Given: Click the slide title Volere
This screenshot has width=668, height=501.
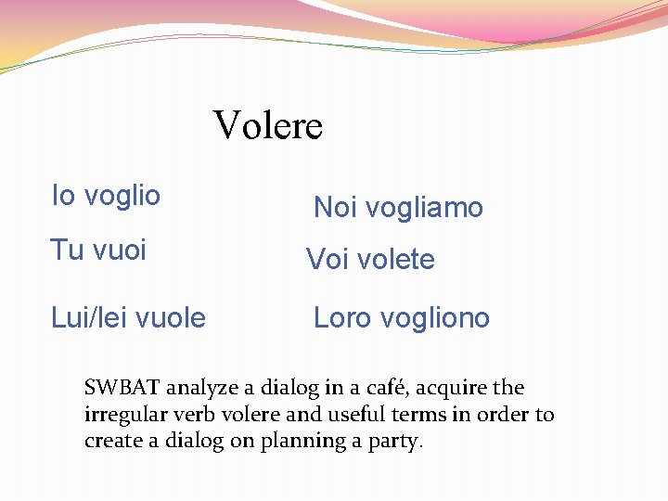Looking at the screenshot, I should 268,125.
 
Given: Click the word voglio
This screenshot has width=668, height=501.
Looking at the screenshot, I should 122,197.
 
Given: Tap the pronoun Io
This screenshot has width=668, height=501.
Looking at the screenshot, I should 63,195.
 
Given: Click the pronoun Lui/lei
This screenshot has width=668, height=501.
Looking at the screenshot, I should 90,317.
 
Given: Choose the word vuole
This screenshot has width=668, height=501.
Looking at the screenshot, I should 172,317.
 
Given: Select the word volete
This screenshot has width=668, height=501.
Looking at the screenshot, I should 396,260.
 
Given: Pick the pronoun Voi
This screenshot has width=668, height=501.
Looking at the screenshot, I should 328,260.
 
